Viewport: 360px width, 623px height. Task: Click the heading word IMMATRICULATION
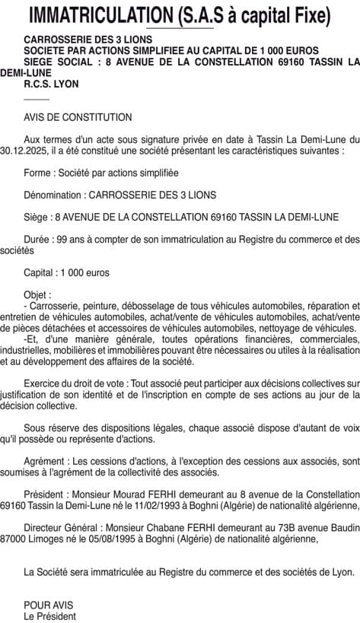(x=98, y=15)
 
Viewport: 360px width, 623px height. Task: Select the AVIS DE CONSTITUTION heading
(x=78, y=118)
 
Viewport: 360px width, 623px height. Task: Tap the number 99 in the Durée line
(x=62, y=239)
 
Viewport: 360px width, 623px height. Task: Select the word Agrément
(x=45, y=460)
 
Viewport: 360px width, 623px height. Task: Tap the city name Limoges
(x=44, y=538)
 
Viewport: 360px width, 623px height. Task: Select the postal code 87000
(x=13, y=538)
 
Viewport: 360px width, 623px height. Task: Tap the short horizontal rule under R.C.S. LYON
(x=37, y=100)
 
